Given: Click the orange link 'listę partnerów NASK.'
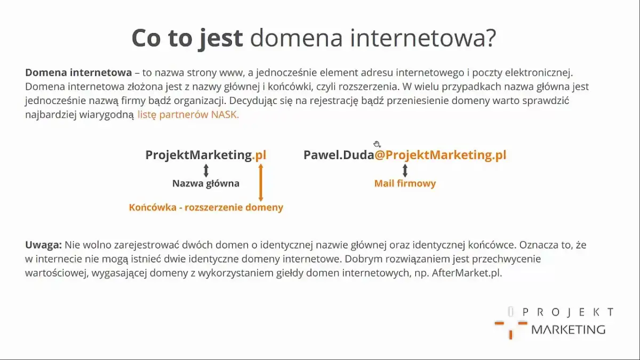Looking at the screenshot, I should tap(188, 115).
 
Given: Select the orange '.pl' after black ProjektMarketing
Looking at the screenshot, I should tap(259, 155).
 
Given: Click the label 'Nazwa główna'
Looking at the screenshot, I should tap(206, 183).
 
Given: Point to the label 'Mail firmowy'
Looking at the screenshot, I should tap(405, 183).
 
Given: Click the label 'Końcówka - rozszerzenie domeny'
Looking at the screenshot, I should tap(206, 207).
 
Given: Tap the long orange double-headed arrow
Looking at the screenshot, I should tap(261, 182).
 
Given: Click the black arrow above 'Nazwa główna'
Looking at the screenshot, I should tap(206, 170).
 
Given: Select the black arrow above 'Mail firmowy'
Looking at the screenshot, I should tap(405, 170).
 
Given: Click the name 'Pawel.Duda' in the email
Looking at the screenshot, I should tap(339, 155).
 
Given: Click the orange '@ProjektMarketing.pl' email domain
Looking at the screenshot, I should tap(441, 155).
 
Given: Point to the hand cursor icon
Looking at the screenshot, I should tap(377, 144).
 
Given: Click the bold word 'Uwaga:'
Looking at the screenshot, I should tap(44, 245).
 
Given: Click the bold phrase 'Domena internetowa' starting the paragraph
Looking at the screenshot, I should tap(78, 73).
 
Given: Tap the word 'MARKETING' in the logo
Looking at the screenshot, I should tap(569, 329).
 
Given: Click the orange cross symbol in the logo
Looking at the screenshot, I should tap(510, 326).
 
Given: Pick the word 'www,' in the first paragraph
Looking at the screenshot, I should tap(229, 73).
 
